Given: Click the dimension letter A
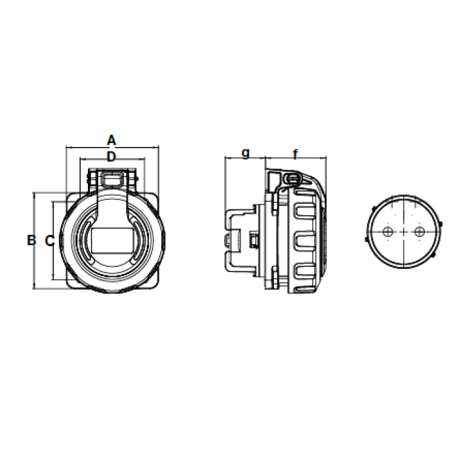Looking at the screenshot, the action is point(111,140).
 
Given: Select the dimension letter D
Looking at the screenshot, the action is point(111,157).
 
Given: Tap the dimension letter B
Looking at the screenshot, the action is point(31,241).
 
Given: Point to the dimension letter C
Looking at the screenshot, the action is point(50,241).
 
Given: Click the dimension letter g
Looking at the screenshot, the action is point(246,153).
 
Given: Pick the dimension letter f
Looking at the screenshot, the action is point(295,154).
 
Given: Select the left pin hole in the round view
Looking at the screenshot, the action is point(388,232).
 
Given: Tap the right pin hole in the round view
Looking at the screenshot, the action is point(420,232).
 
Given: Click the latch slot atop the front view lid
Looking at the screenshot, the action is point(113,178).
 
